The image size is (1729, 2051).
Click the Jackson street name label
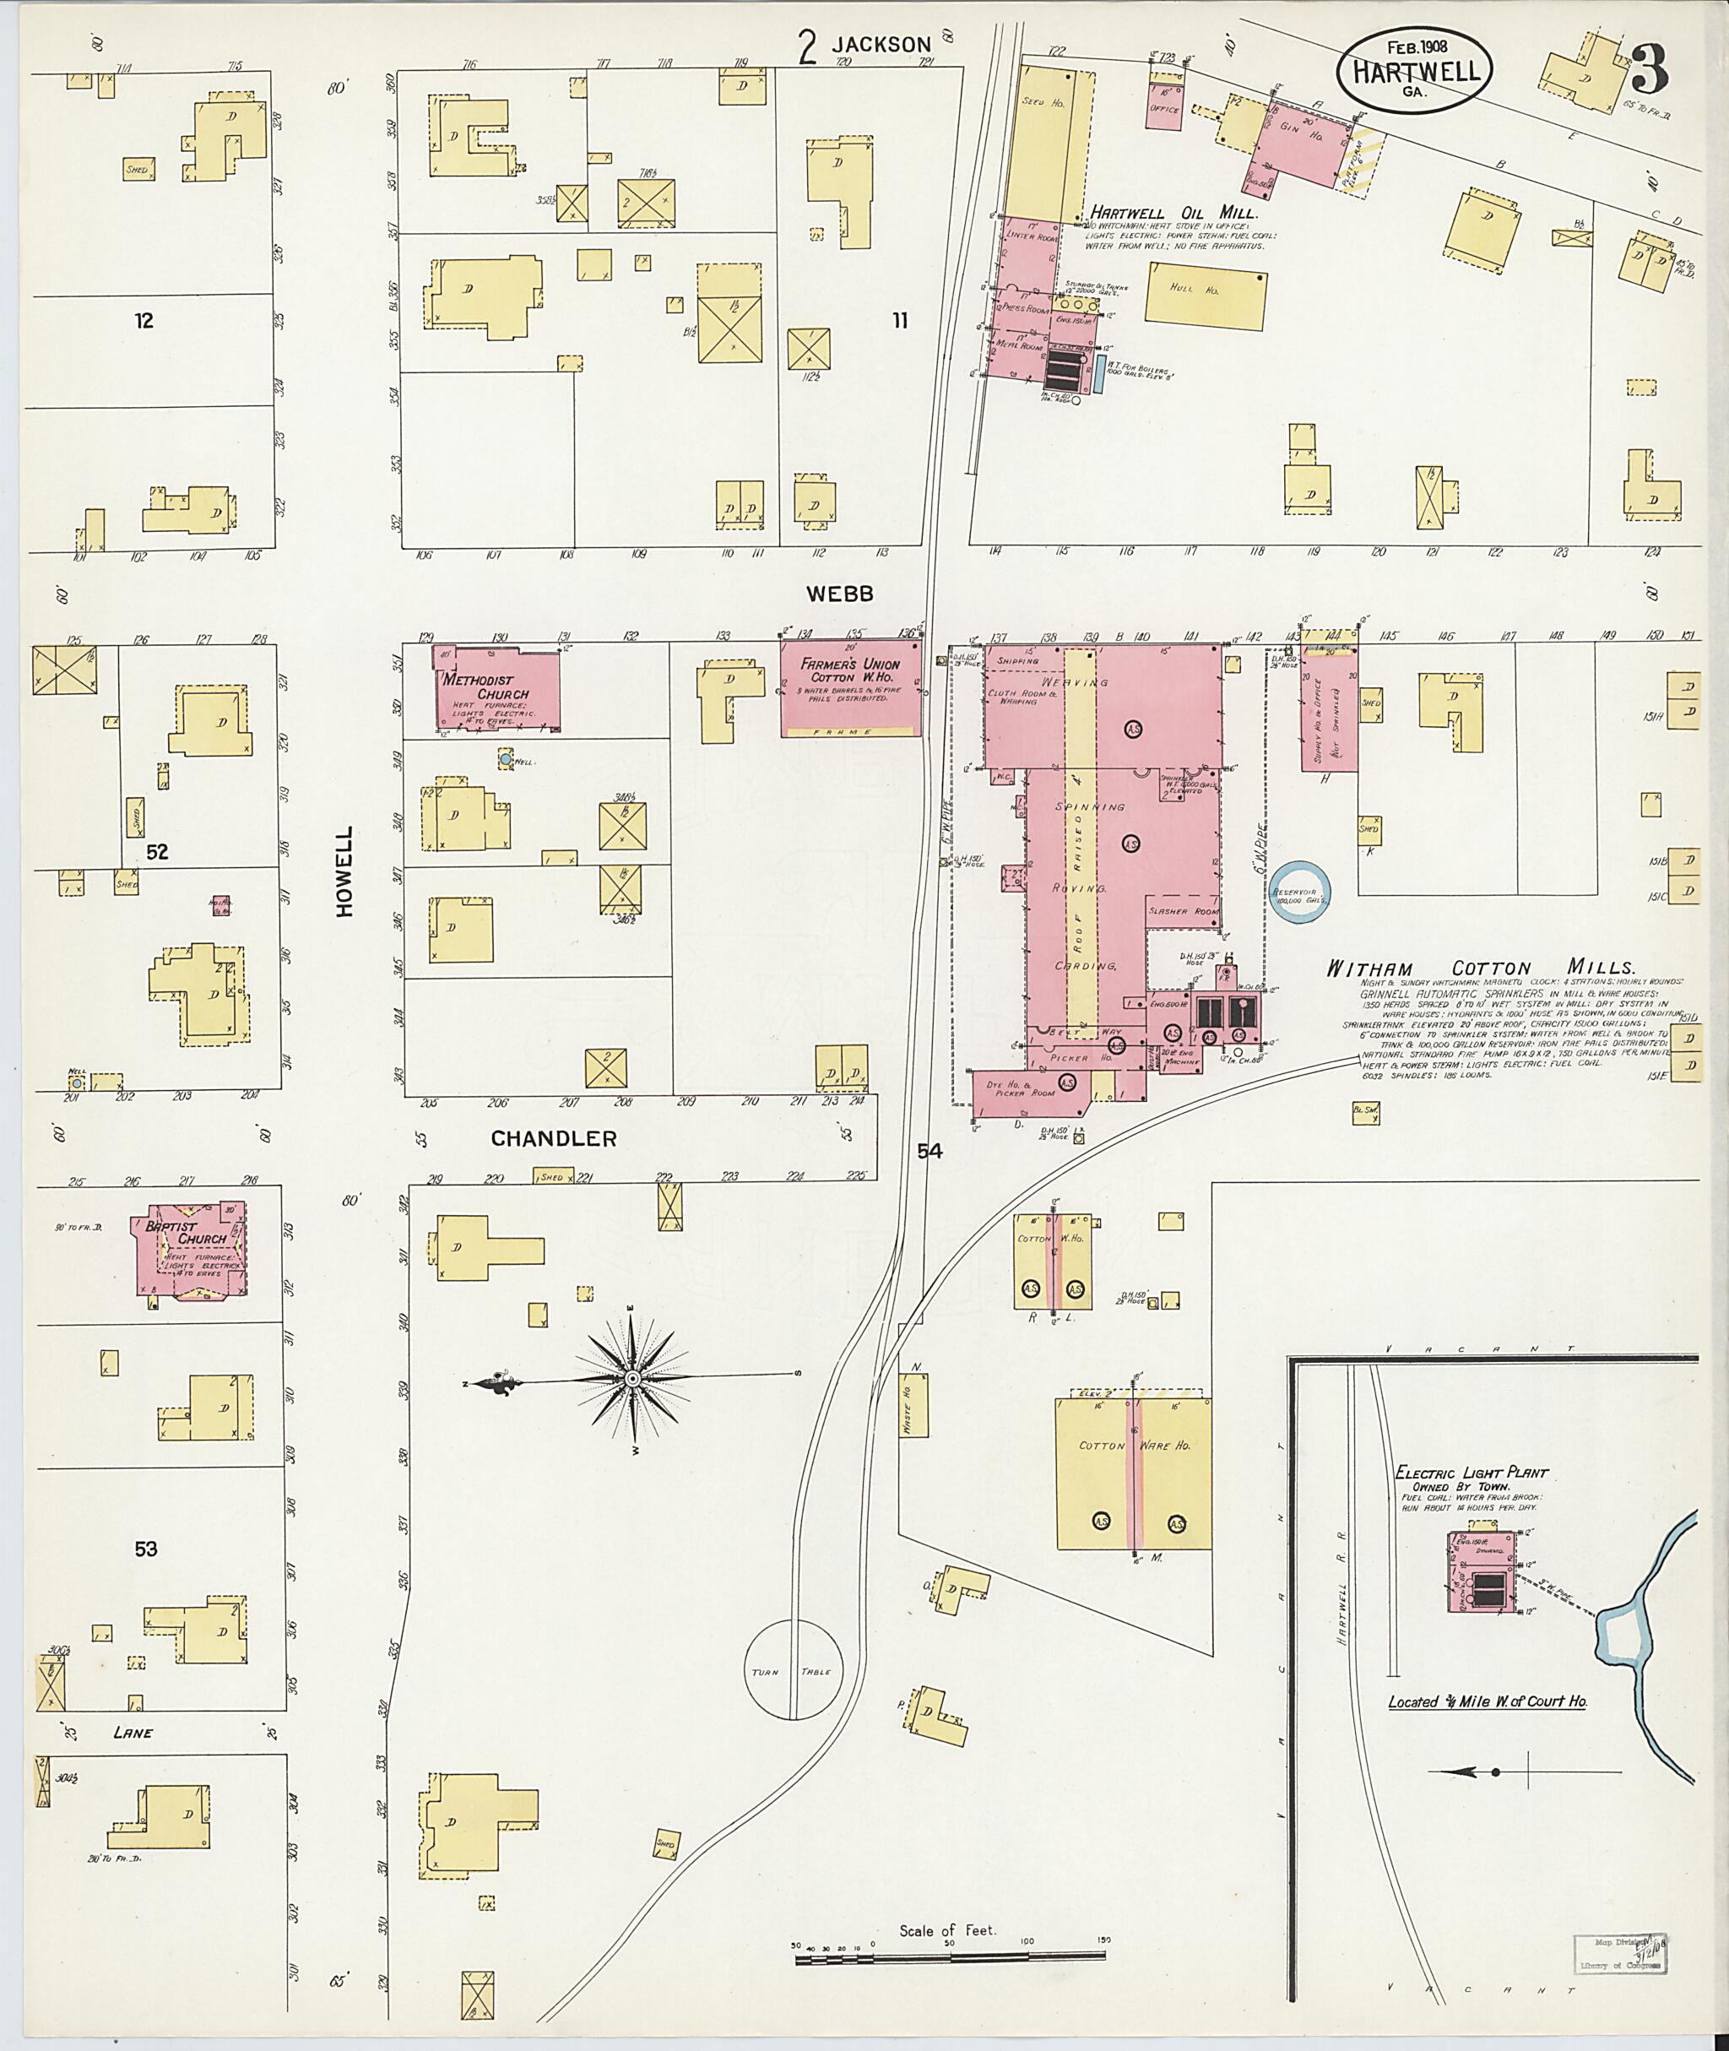[881, 44]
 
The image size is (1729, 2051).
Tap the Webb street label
[839, 593]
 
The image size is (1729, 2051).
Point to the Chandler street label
[554, 1138]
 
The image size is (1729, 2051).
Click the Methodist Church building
[498, 688]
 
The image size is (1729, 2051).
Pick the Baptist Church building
[190, 1250]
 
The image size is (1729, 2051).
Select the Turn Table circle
[794, 1668]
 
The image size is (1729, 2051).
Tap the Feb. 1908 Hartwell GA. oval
[1417, 68]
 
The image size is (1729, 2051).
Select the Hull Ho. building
[1205, 298]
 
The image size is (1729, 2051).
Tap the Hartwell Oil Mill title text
[1173, 213]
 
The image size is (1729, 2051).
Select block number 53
[146, 1549]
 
